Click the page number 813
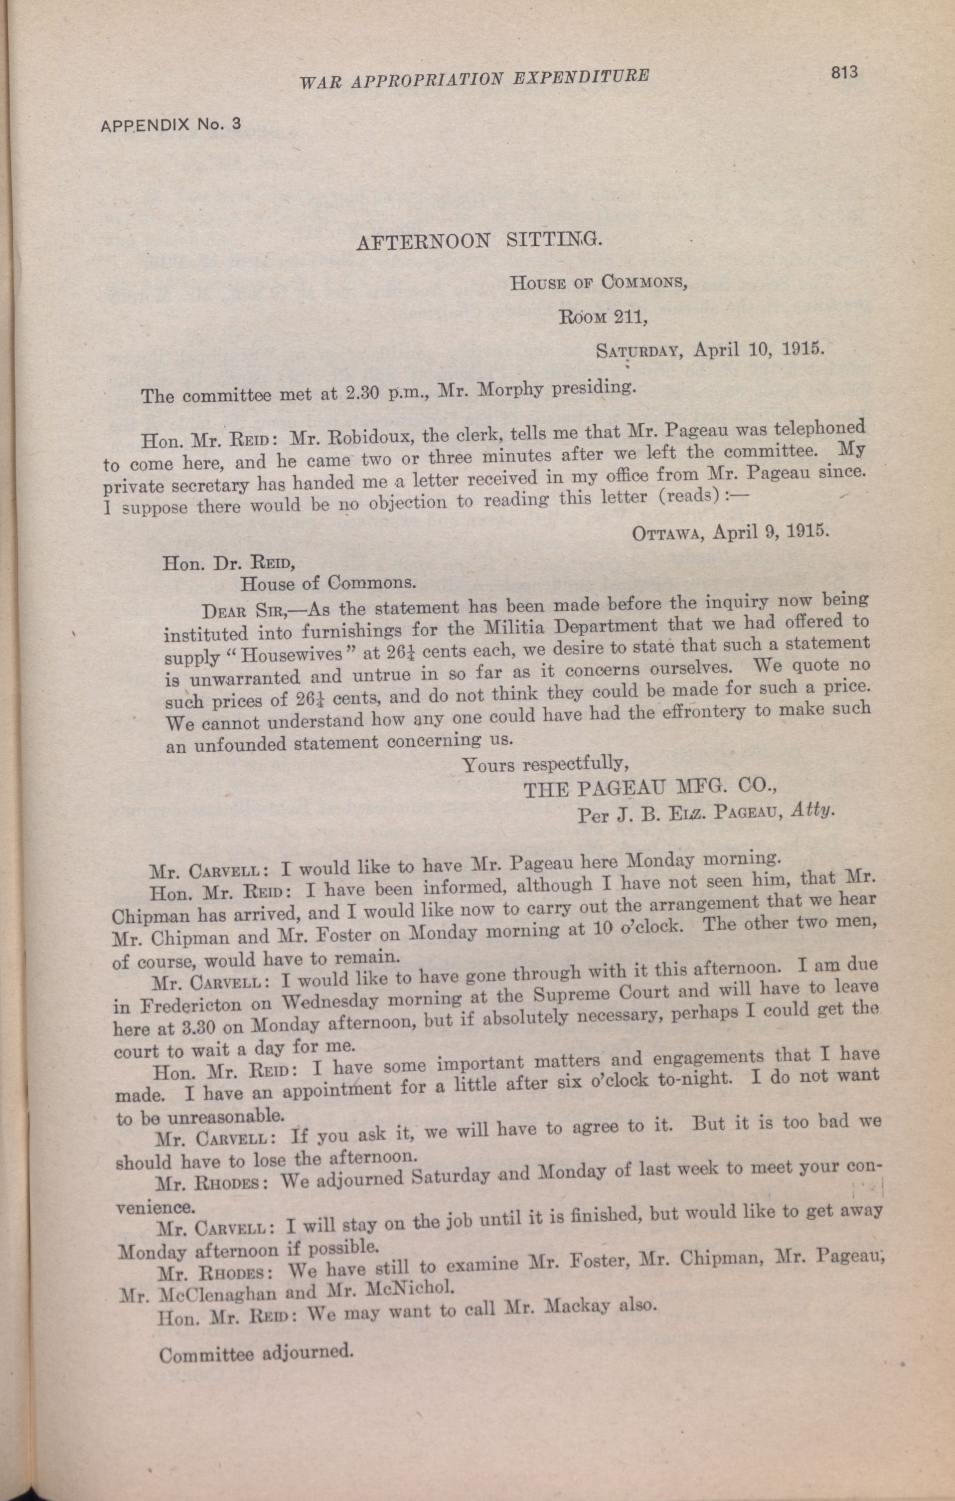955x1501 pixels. pos(844,73)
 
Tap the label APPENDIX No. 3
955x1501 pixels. pos(170,124)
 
